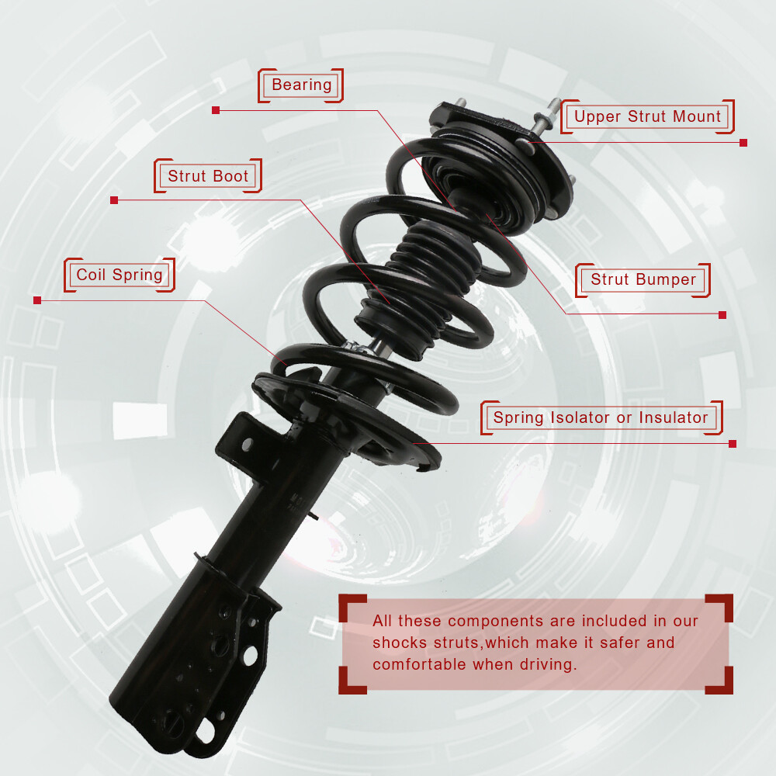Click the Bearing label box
[x=300, y=85]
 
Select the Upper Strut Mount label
[x=647, y=116]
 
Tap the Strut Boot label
[x=208, y=175]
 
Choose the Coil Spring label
[x=120, y=275]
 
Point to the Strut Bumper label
[x=643, y=279]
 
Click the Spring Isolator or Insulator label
[x=601, y=417]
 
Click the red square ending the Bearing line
[x=215, y=110]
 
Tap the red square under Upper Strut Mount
[x=743, y=143]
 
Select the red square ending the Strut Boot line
[x=114, y=200]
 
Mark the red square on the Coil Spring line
[x=37, y=300]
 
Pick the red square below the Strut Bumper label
[x=722, y=315]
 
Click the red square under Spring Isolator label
[x=733, y=443]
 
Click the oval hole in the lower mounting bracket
[x=250, y=655]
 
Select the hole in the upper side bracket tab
[x=247, y=445]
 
